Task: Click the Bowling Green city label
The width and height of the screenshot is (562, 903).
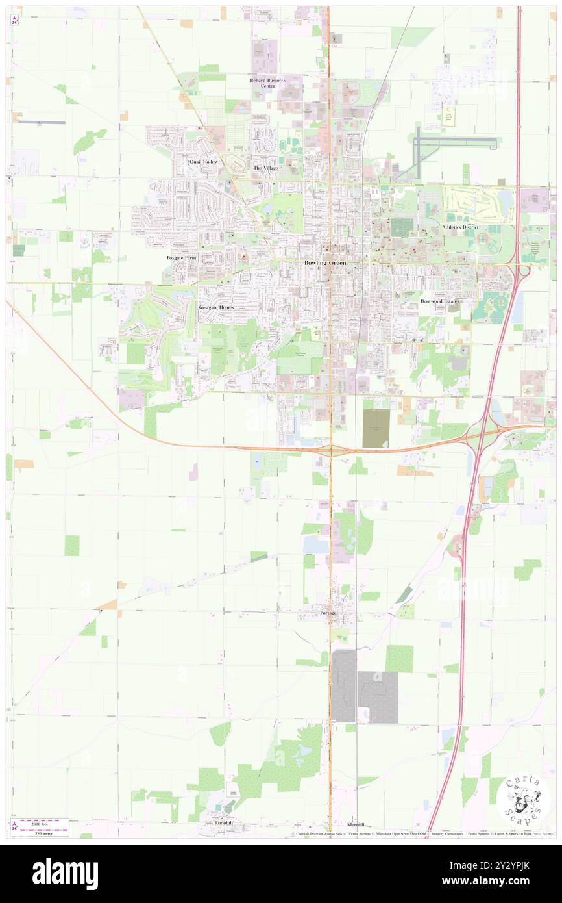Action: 326,263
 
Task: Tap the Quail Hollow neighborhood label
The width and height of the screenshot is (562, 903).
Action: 203,161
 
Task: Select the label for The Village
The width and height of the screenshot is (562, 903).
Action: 265,168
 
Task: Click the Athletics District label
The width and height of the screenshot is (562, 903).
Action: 460,227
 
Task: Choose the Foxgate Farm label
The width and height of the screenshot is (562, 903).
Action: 181,258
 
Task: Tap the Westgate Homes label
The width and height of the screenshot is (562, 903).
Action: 215,307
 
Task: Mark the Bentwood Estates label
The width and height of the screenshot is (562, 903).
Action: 439,301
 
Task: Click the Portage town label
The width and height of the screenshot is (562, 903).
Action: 328,613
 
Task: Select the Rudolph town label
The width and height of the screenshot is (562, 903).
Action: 223,822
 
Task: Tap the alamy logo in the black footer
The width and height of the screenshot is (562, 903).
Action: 65,874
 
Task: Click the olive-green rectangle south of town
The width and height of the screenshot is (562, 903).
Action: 376,428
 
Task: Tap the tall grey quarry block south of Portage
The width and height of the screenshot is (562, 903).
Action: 344,685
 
